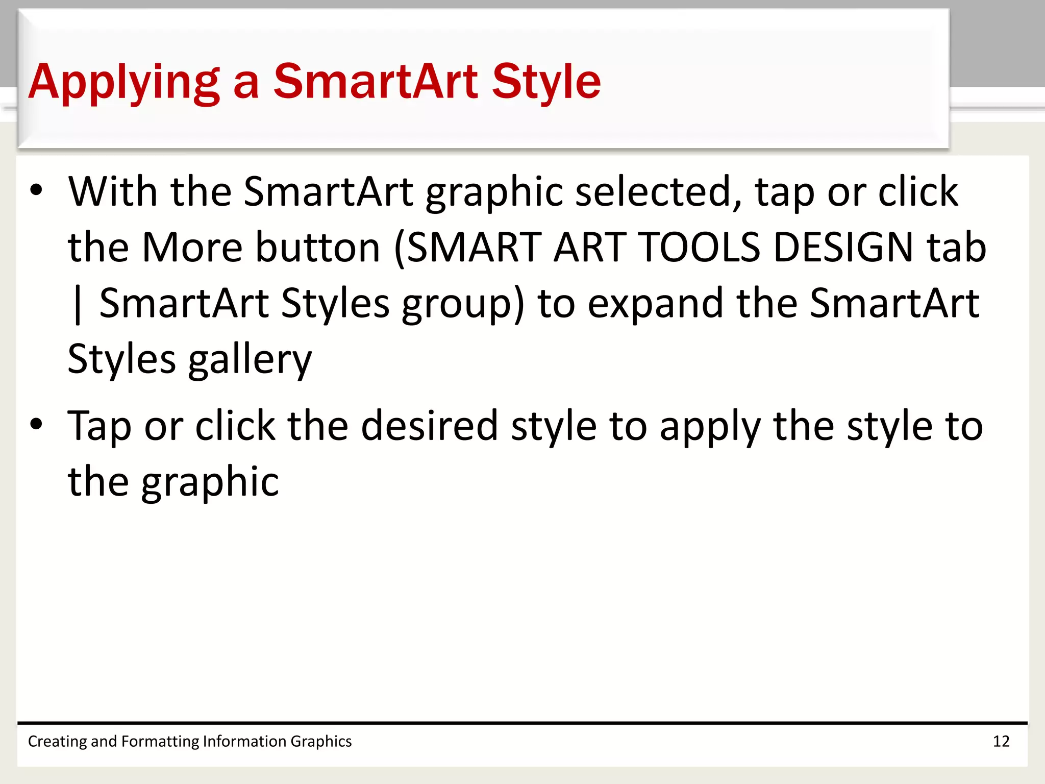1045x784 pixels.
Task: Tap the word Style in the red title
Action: (x=546, y=82)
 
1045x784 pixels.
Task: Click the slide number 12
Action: (x=1001, y=741)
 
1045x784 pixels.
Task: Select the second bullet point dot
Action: (x=36, y=424)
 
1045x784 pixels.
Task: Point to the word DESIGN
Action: (x=843, y=248)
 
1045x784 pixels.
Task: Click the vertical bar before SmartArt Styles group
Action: (x=78, y=304)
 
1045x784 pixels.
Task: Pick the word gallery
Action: (x=250, y=360)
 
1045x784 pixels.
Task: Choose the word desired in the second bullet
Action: (x=429, y=426)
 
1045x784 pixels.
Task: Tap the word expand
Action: (x=655, y=304)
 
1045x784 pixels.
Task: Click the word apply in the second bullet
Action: (x=710, y=427)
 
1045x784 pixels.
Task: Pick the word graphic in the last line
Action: (x=210, y=482)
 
